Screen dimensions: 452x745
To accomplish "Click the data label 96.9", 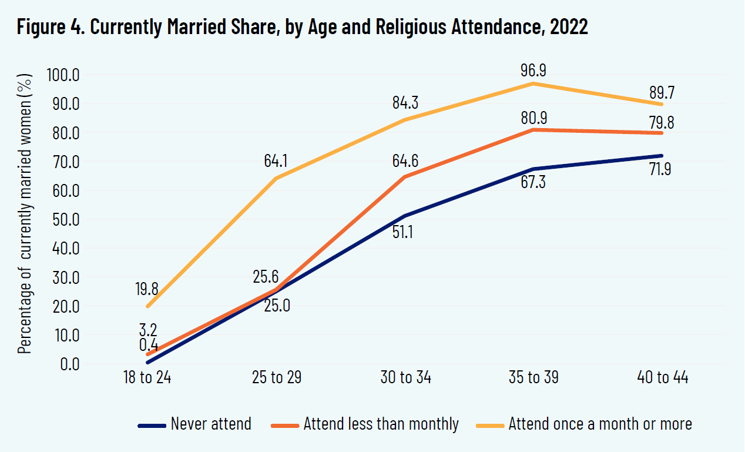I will [x=533, y=71].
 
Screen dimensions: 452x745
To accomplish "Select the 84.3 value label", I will [x=405, y=103].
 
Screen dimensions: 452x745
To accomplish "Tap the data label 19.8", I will [x=146, y=289].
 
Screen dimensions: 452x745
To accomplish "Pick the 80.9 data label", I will [x=533, y=117].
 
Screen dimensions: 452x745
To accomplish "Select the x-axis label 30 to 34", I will [x=405, y=377].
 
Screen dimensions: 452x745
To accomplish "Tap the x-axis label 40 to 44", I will [x=662, y=377].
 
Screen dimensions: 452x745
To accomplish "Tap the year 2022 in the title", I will [x=569, y=27].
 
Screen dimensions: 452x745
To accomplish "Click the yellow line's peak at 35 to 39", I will [x=533, y=83].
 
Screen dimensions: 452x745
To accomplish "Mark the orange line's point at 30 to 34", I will [x=405, y=176].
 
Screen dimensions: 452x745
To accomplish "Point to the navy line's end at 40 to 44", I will [x=662, y=156].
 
